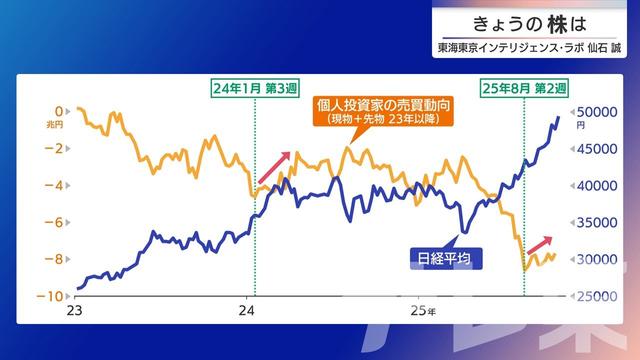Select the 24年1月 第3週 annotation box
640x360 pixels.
pyautogui.click(x=256, y=87)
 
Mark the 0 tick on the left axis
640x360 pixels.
pyautogui.click(x=60, y=111)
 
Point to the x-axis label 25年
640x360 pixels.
pyautogui.click(x=424, y=311)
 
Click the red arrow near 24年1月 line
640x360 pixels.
pyautogui.click(x=274, y=168)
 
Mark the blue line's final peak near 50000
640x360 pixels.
pyautogui.click(x=557, y=118)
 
